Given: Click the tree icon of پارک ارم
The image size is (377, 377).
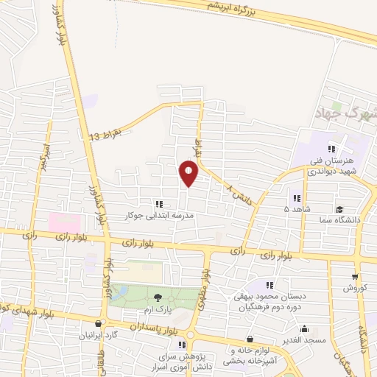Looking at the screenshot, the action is pos(158,297).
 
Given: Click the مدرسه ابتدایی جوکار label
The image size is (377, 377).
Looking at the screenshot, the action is pos(160,216).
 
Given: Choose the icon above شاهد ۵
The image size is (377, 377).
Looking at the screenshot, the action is pos(297,197).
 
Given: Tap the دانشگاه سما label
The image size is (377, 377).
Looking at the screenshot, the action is pos(339,220).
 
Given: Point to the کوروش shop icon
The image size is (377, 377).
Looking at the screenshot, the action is pos(356,278).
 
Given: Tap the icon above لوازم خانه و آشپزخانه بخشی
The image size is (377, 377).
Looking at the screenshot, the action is pos(250,339).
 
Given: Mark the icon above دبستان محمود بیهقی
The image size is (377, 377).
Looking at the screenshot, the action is pos(270,284).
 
